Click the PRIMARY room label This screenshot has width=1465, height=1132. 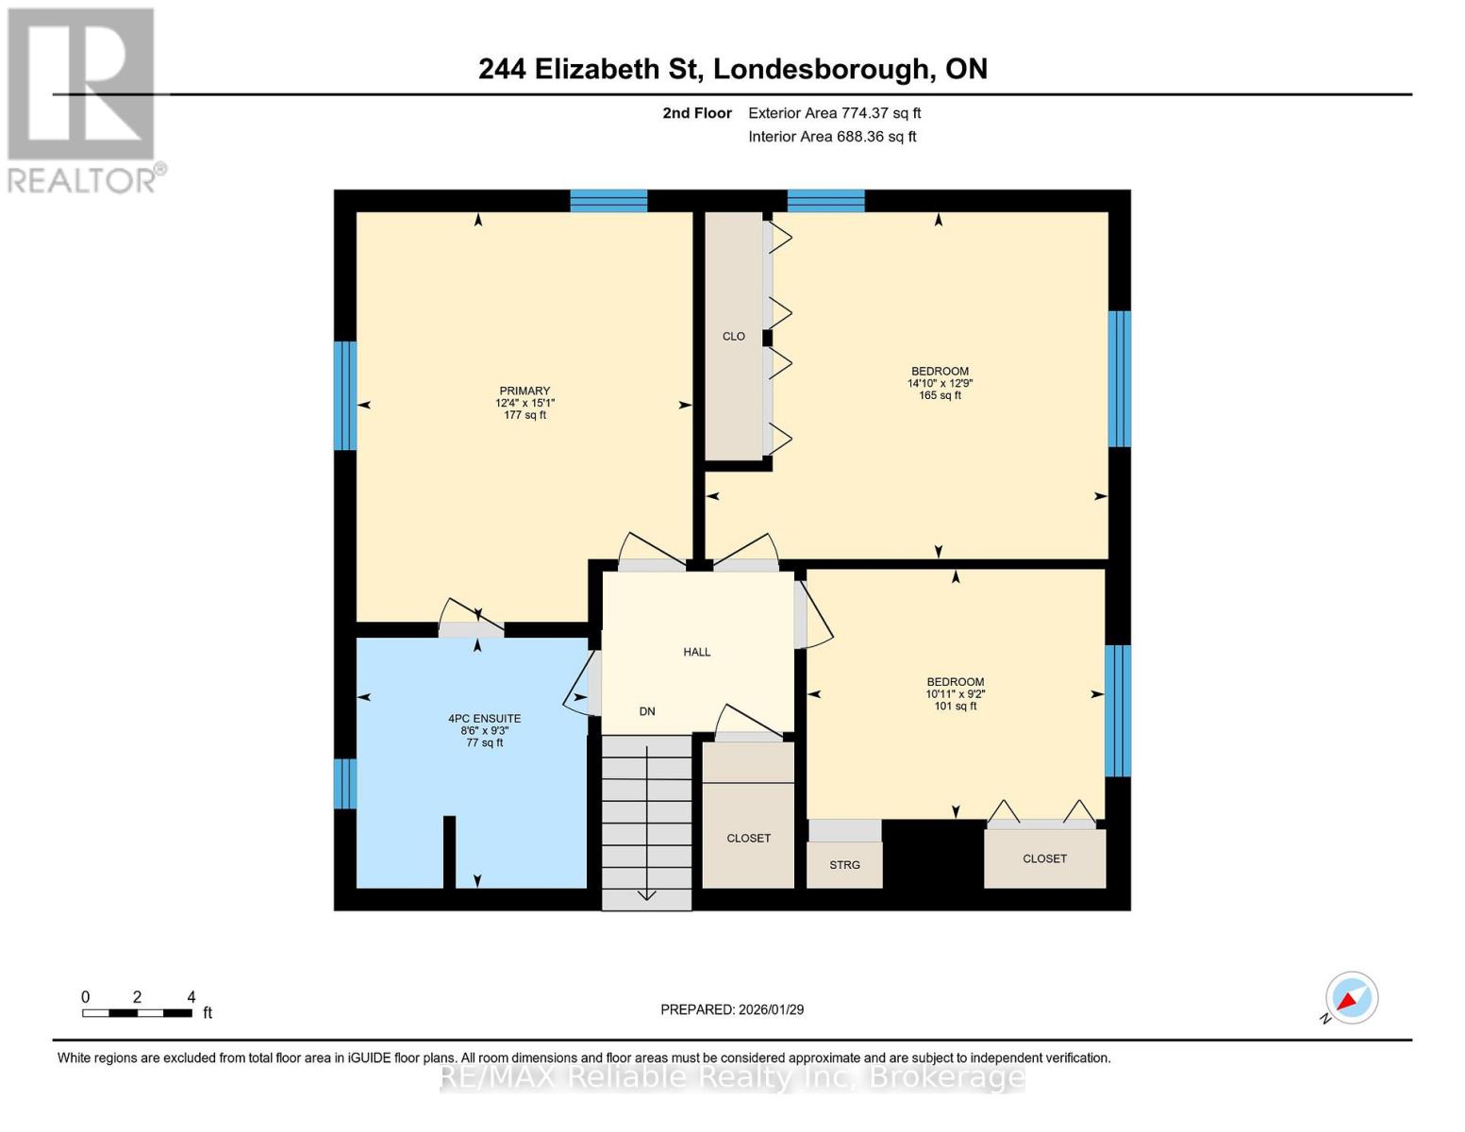pos(524,391)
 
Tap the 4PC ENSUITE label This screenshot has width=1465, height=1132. pos(484,719)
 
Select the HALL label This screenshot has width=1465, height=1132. pos(697,652)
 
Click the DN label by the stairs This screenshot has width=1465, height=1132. pos(647,711)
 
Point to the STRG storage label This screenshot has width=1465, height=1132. pos(844,865)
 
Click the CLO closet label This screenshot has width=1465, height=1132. pos(734,336)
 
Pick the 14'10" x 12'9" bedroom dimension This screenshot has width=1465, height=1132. pos(940,384)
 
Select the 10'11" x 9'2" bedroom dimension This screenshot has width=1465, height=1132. pos(955,694)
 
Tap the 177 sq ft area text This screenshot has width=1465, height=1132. pos(524,415)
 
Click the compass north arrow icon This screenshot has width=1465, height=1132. pos(1351,998)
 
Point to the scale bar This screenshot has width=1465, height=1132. pos(138,1013)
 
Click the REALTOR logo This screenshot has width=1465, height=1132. pos(82,99)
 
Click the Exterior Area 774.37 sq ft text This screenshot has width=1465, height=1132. pos(834,113)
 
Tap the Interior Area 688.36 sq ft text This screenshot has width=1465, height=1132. pos(832,137)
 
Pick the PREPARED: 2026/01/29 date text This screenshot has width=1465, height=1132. pos(732,1009)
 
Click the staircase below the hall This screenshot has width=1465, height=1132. pos(647,821)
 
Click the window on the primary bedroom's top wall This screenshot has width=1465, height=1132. pos(608,201)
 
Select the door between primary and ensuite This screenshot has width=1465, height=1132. pos(472,623)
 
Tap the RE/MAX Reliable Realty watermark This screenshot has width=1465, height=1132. pos(732,1076)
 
